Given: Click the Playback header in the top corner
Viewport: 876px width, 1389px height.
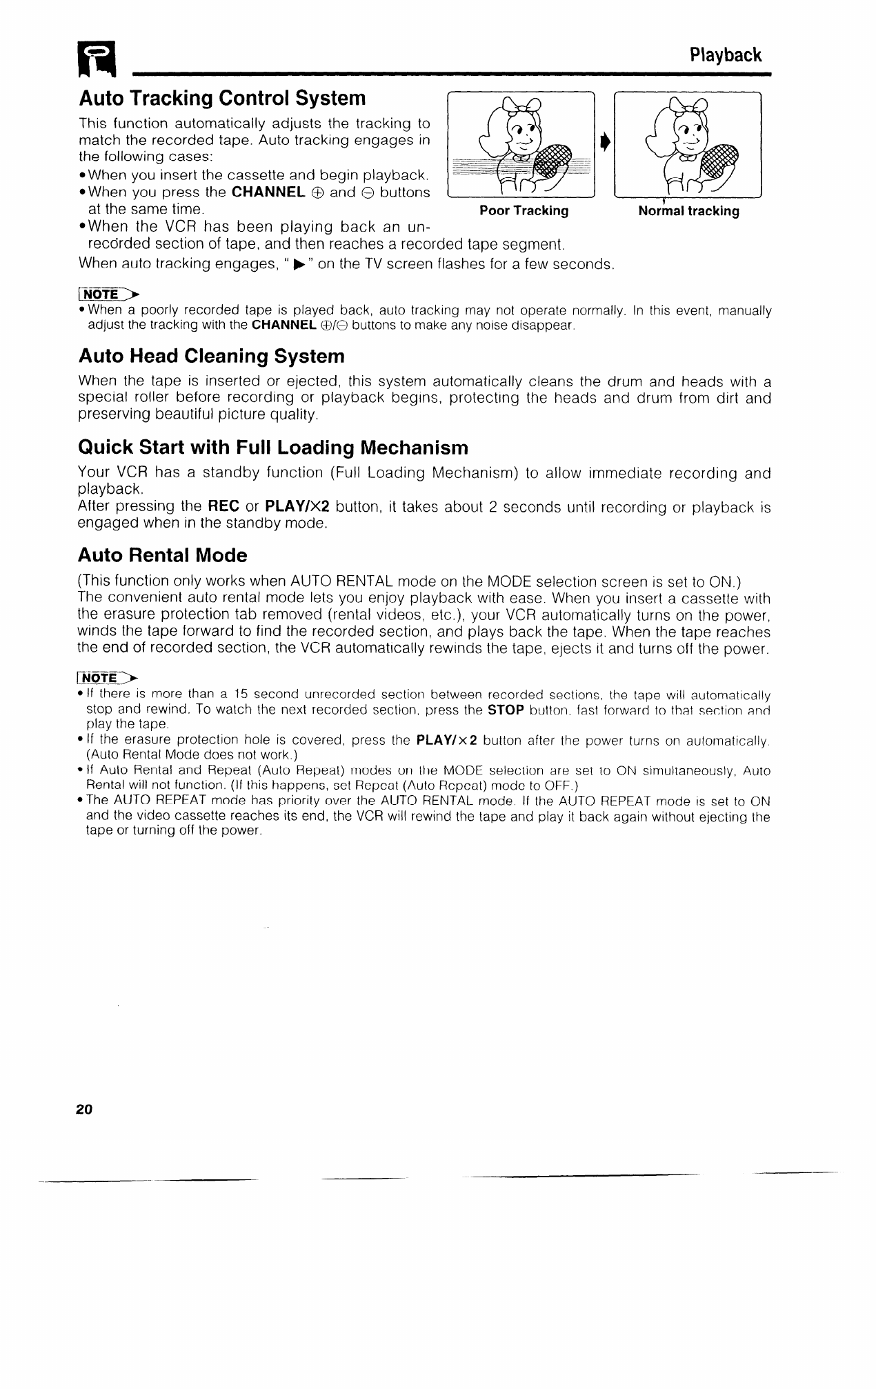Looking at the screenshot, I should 726,55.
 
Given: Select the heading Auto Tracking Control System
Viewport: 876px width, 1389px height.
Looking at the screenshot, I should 222,99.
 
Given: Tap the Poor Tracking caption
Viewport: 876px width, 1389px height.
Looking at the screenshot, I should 524,211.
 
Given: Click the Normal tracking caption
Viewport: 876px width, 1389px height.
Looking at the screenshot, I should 688,211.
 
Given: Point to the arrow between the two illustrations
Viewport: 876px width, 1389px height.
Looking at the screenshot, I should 604,143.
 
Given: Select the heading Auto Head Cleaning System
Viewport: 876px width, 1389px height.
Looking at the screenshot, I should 211,357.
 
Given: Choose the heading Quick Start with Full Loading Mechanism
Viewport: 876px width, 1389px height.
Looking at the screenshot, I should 273,448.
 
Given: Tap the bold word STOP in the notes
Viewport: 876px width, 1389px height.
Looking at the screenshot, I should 506,710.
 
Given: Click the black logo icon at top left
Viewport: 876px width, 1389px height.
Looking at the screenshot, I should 98,59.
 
